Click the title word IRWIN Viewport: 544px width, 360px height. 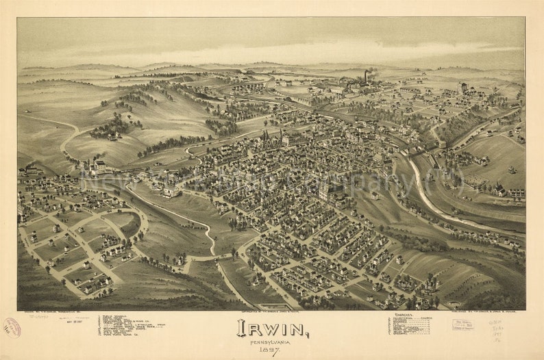(x=272, y=329)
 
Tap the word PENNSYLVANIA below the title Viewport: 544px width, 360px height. (x=272, y=342)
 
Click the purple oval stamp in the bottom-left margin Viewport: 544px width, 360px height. (x=12, y=327)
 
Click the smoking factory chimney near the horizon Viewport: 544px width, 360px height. (x=367, y=75)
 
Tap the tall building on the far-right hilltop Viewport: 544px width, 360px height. (x=462, y=88)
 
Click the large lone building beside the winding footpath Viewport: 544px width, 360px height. (x=170, y=192)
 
